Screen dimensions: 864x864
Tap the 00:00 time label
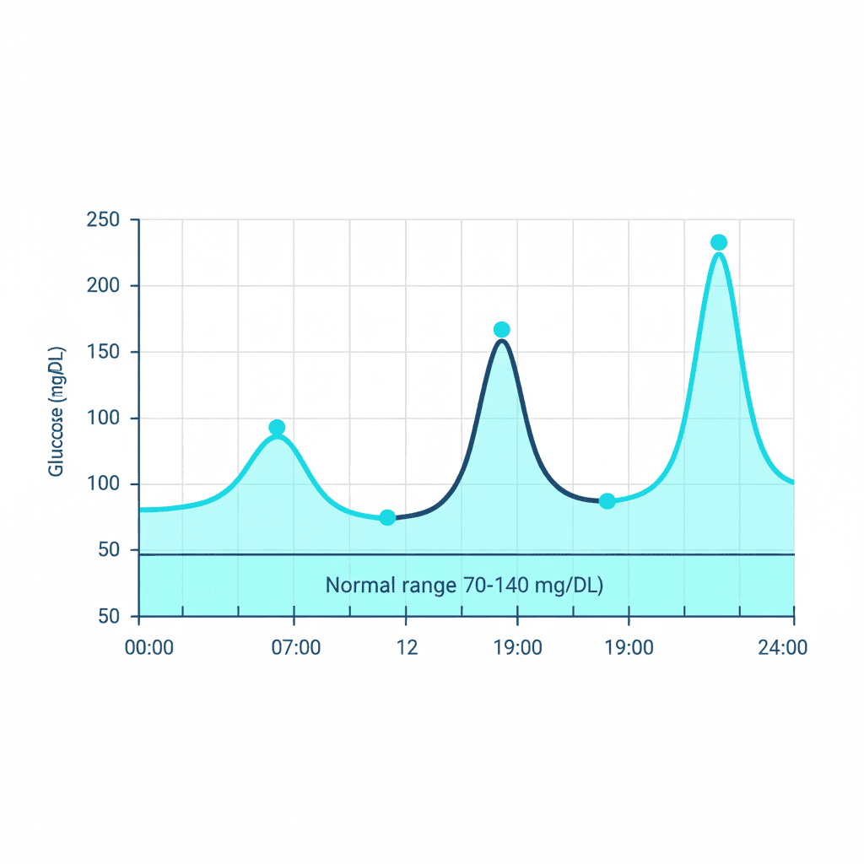pos(148,649)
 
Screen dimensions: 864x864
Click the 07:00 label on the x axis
pos(294,649)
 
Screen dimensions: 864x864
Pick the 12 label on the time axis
pos(408,649)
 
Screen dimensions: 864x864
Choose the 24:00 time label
pos(782,649)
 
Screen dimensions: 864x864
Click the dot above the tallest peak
pos(719,243)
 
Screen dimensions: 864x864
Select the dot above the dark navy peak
pos(502,330)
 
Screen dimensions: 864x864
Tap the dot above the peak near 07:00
pos(277,428)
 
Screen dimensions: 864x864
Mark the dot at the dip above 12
pos(387,517)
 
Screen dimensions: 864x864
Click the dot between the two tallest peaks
pos(607,501)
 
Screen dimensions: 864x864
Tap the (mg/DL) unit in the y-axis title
pos(57,373)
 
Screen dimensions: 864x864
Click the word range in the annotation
pos(428,586)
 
